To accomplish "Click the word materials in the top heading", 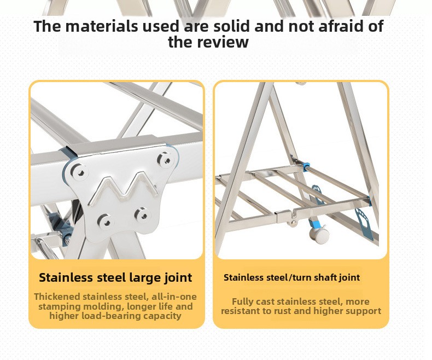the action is (101, 26).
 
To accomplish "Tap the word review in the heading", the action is (223, 42).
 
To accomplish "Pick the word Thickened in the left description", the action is (56, 297).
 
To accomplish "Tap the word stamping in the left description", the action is (59, 306).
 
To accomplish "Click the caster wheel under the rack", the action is (319, 235).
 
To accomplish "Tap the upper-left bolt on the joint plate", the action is (80, 172).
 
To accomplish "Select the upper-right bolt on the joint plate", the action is (166, 160).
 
